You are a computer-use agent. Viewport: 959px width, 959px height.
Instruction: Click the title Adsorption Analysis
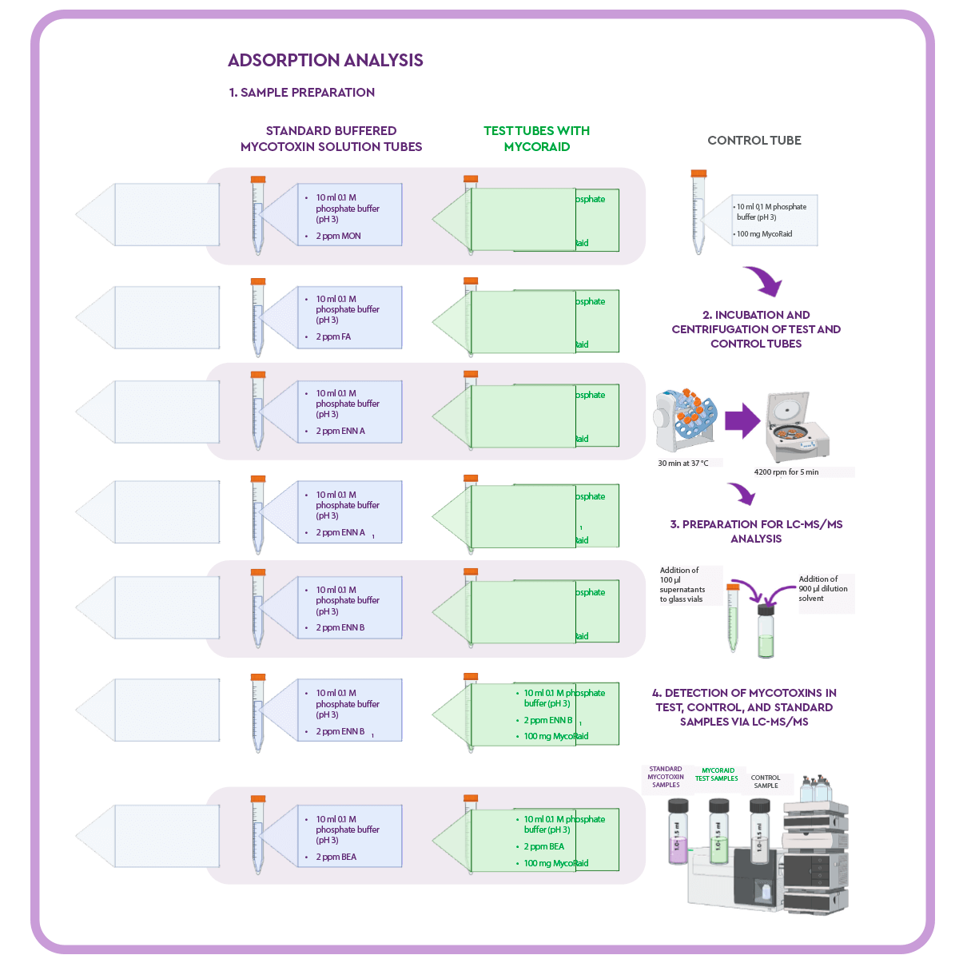[x=325, y=60]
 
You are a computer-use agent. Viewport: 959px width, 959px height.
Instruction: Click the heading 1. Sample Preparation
[x=301, y=92]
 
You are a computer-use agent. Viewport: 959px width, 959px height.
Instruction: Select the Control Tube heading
[x=754, y=140]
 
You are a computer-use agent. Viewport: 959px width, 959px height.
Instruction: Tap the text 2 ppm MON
[x=338, y=236]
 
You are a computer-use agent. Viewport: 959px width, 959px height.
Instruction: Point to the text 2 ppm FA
[x=333, y=336]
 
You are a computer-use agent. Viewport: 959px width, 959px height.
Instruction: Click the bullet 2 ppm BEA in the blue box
[x=336, y=857]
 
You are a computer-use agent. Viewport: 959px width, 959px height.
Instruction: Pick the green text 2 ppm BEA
[x=543, y=846]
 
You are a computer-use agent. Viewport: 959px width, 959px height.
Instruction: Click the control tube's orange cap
[x=698, y=173]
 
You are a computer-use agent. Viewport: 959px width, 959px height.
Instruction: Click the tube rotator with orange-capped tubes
[x=686, y=420]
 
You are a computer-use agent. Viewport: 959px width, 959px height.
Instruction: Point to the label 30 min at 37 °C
[x=682, y=463]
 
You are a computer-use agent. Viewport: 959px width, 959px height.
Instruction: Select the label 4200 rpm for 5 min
[x=786, y=472]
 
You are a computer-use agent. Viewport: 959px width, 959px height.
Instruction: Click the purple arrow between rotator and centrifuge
[x=742, y=421]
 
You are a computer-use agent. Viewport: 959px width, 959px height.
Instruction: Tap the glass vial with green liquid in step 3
[x=766, y=631]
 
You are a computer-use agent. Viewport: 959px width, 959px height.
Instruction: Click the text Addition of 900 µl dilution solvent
[x=823, y=588]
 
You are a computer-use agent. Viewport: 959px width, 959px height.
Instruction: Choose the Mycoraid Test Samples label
[x=716, y=774]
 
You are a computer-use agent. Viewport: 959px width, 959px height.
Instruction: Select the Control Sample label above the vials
[x=766, y=781]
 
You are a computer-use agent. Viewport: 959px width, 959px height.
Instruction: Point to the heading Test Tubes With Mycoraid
[x=536, y=138]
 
